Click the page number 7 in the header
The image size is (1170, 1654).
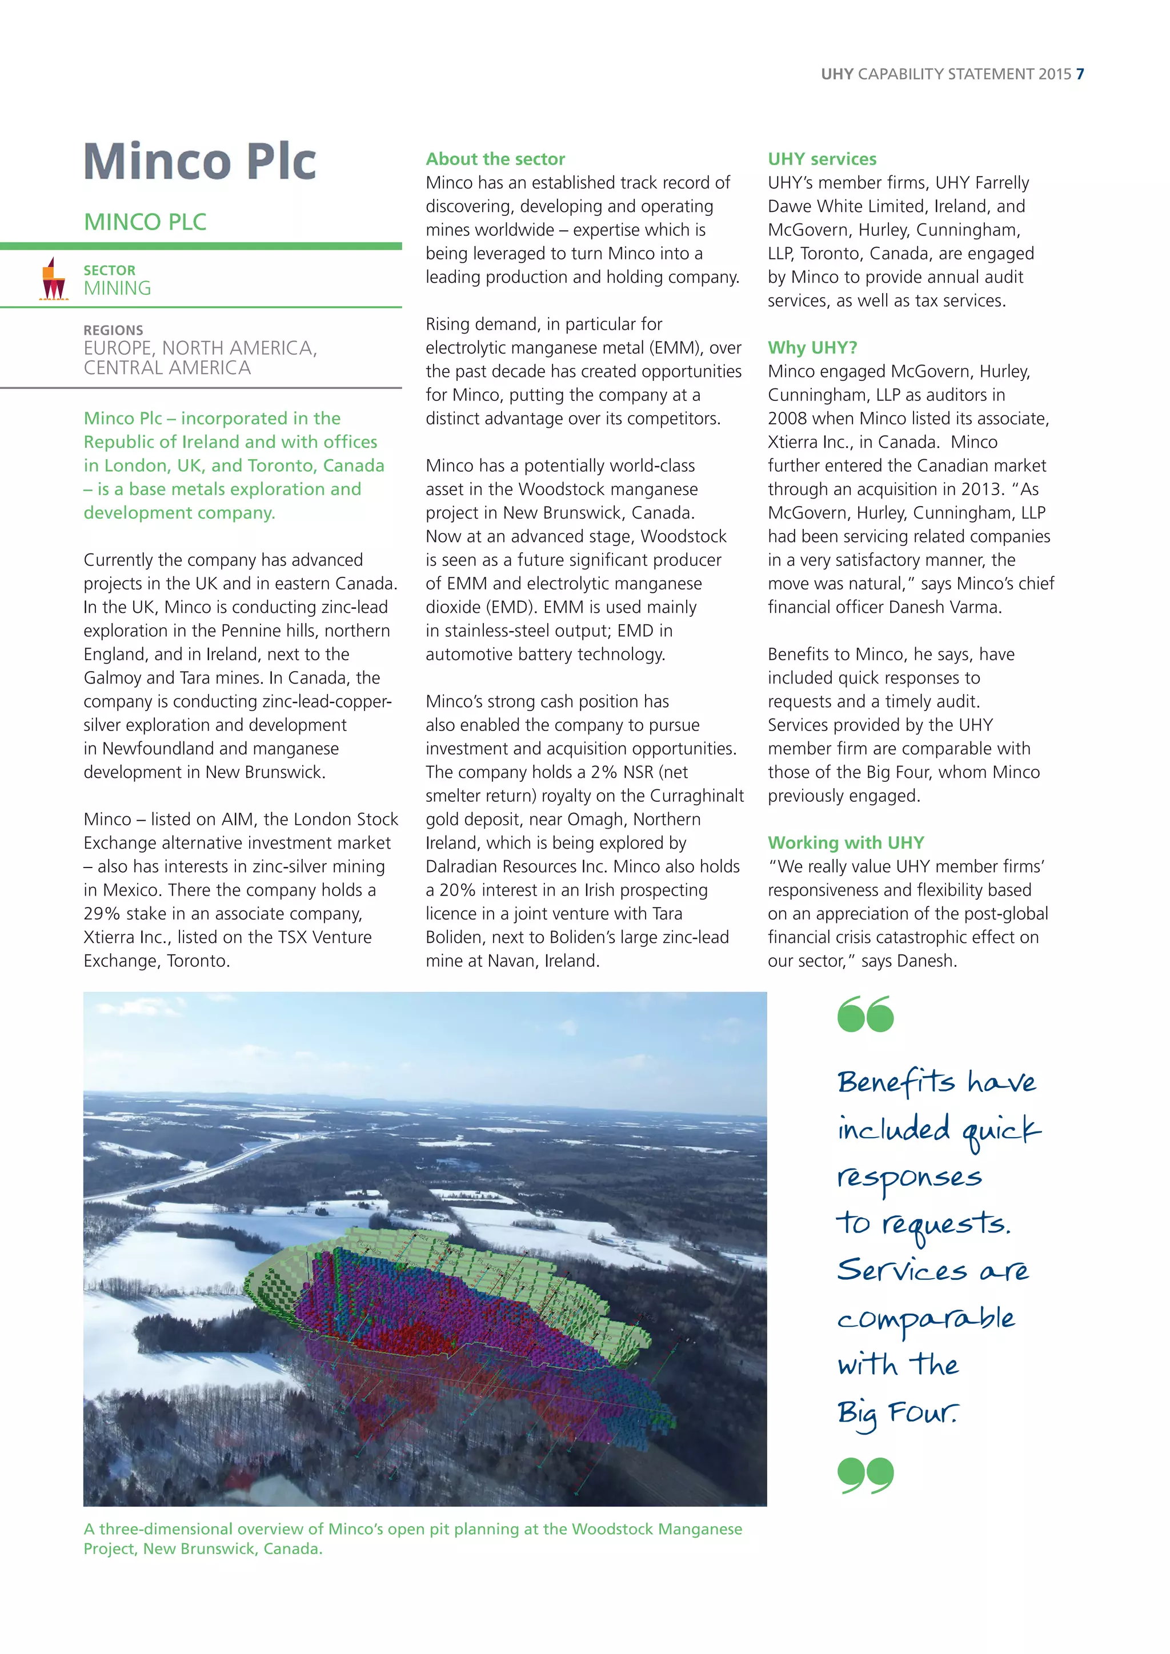[1079, 74]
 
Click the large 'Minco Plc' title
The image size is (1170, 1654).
[201, 162]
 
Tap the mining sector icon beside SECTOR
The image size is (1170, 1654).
[53, 279]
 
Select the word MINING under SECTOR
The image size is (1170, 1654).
[118, 288]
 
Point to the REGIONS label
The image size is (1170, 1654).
[113, 330]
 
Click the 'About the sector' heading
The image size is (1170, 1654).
[495, 159]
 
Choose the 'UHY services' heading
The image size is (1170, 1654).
[822, 159]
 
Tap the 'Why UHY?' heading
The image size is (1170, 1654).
[812, 347]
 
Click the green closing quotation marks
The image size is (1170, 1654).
[866, 1475]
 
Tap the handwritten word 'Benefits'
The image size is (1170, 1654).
[896, 1082]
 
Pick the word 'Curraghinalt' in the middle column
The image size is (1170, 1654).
[696, 796]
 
